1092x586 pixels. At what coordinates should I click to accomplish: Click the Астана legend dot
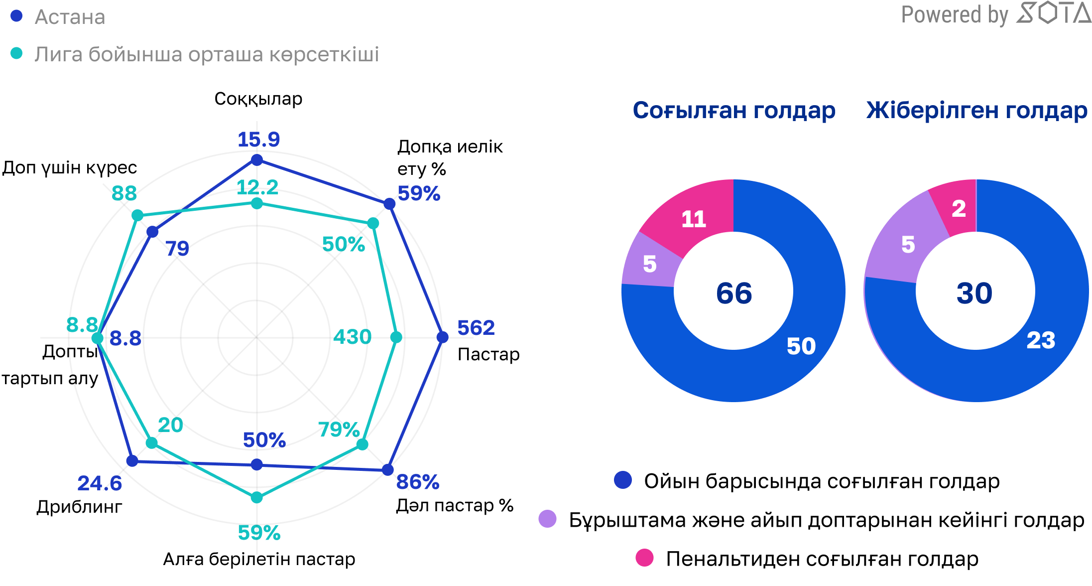point(16,16)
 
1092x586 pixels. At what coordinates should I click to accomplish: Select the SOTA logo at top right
point(1053,13)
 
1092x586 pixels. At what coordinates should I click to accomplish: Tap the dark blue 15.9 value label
point(258,140)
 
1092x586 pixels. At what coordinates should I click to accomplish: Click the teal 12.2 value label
point(257,187)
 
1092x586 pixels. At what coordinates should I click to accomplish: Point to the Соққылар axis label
point(258,99)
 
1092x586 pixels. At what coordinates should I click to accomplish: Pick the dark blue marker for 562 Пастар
point(442,337)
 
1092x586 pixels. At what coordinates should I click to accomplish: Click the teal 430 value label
point(352,337)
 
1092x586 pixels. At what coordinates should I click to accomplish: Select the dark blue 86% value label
point(417,482)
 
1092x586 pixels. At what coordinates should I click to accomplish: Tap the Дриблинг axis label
point(79,507)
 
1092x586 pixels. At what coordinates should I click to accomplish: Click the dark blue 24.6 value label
point(100,483)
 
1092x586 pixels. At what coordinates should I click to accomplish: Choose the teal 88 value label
point(124,193)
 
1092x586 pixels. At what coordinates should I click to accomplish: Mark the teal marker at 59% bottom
point(256,497)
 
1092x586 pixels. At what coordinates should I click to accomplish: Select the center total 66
point(734,293)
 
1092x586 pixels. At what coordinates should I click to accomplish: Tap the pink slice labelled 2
point(959,208)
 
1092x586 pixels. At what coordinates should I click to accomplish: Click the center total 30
point(974,293)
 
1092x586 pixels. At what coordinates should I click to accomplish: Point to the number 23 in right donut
point(1041,340)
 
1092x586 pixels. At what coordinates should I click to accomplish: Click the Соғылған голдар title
point(733,110)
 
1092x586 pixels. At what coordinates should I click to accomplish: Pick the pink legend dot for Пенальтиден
point(644,558)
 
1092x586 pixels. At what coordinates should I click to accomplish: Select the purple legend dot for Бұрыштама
point(547,519)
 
